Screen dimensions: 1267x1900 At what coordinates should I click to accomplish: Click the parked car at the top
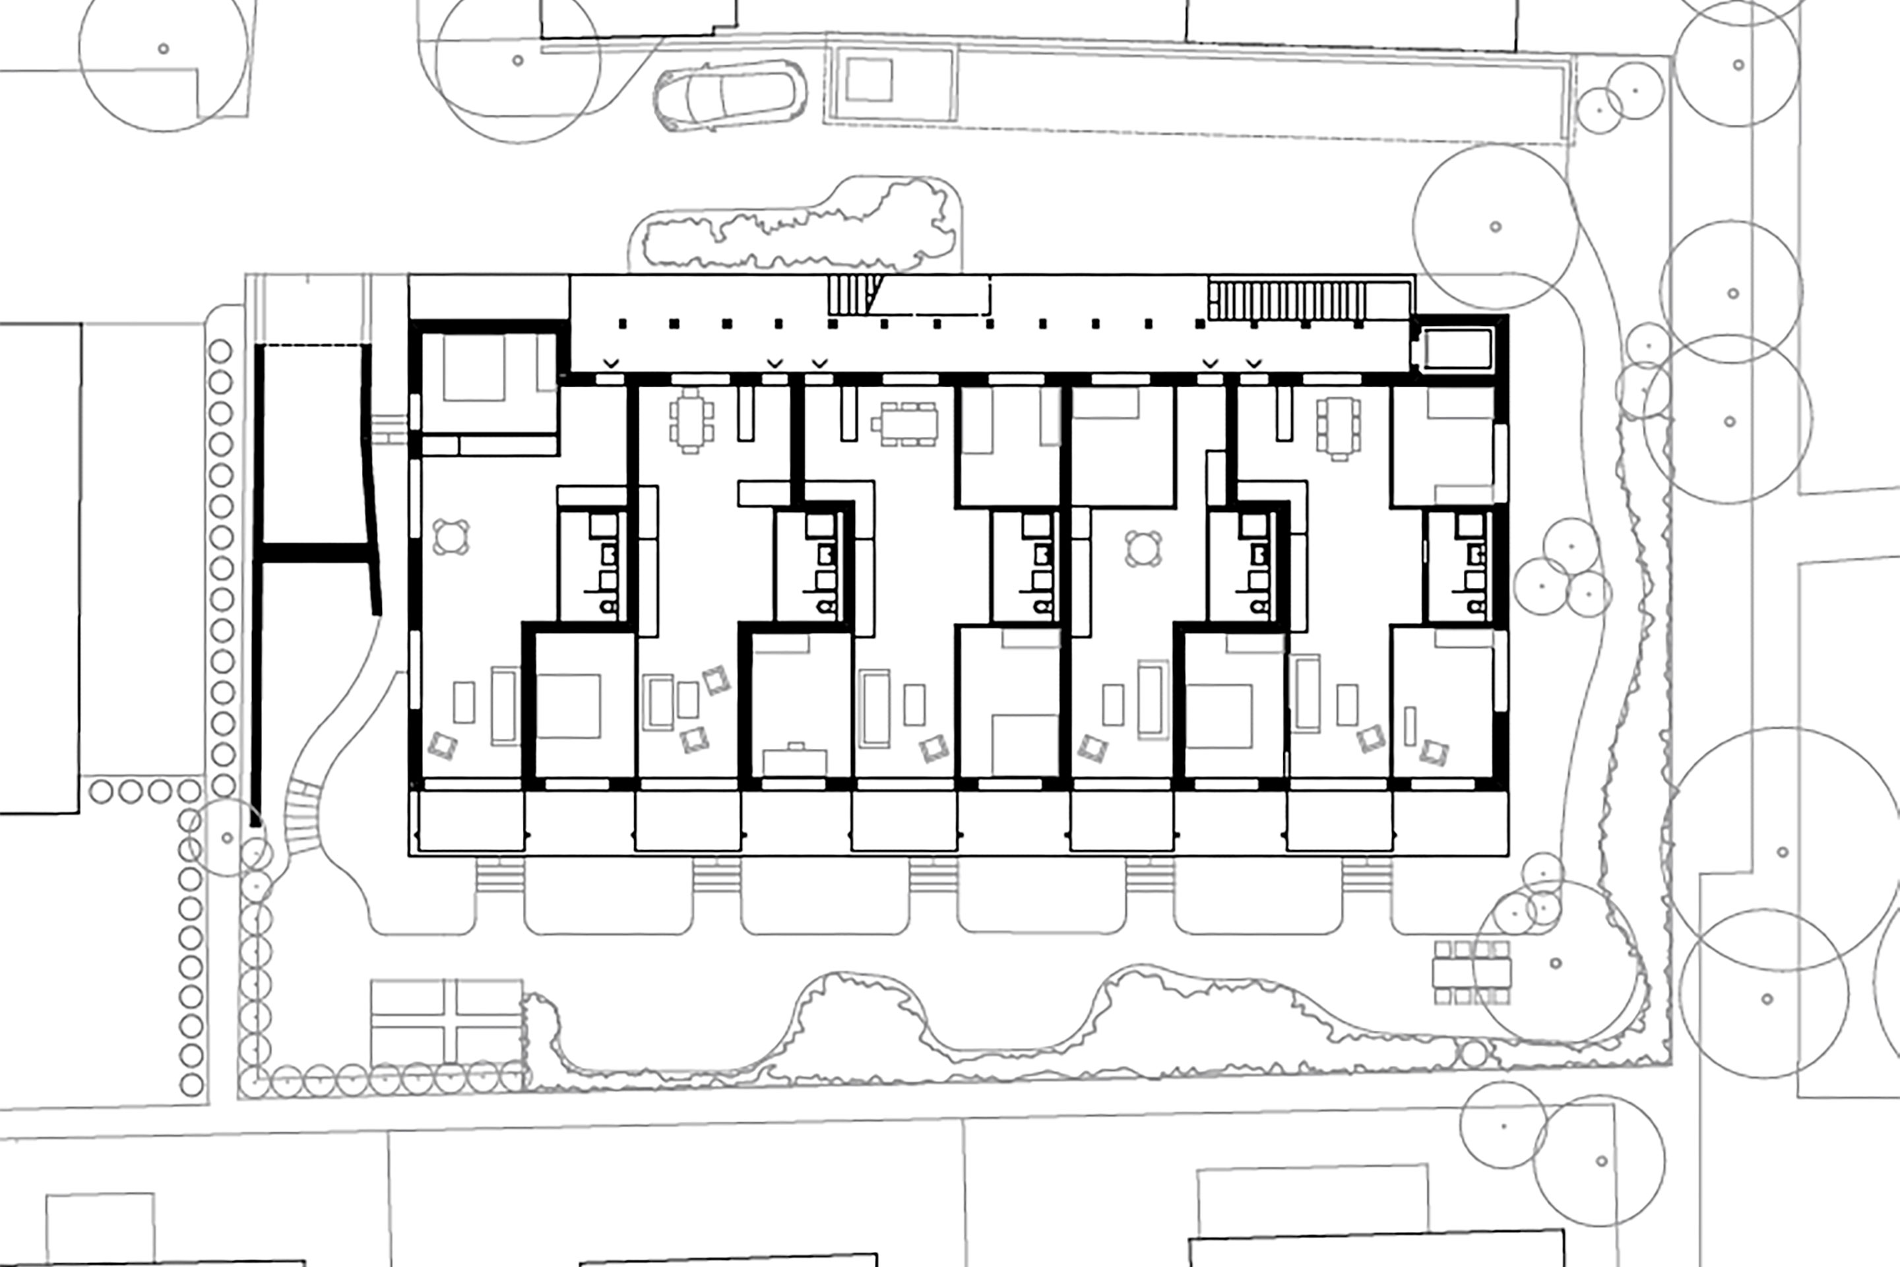730,95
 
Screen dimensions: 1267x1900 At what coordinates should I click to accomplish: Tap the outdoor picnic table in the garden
1471,972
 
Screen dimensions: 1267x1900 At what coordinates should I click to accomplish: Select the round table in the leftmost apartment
451,537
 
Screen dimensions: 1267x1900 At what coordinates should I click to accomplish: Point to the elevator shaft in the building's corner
1457,349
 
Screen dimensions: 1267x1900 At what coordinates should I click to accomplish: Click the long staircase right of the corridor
1288,300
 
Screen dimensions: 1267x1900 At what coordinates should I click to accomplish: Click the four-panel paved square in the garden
447,1022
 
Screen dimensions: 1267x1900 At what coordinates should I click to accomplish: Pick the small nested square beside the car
868,80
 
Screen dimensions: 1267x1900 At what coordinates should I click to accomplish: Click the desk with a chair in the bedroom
795,760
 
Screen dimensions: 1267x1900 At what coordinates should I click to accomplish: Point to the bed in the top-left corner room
474,368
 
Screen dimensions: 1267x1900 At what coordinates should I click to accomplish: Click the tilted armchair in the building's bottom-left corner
442,745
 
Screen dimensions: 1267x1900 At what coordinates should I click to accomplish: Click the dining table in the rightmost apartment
1339,428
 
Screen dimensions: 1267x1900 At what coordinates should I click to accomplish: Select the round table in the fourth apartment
1141,548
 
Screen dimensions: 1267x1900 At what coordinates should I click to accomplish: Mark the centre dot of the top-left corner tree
163,48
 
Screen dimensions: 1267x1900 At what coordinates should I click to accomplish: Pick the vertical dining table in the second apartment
691,421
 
